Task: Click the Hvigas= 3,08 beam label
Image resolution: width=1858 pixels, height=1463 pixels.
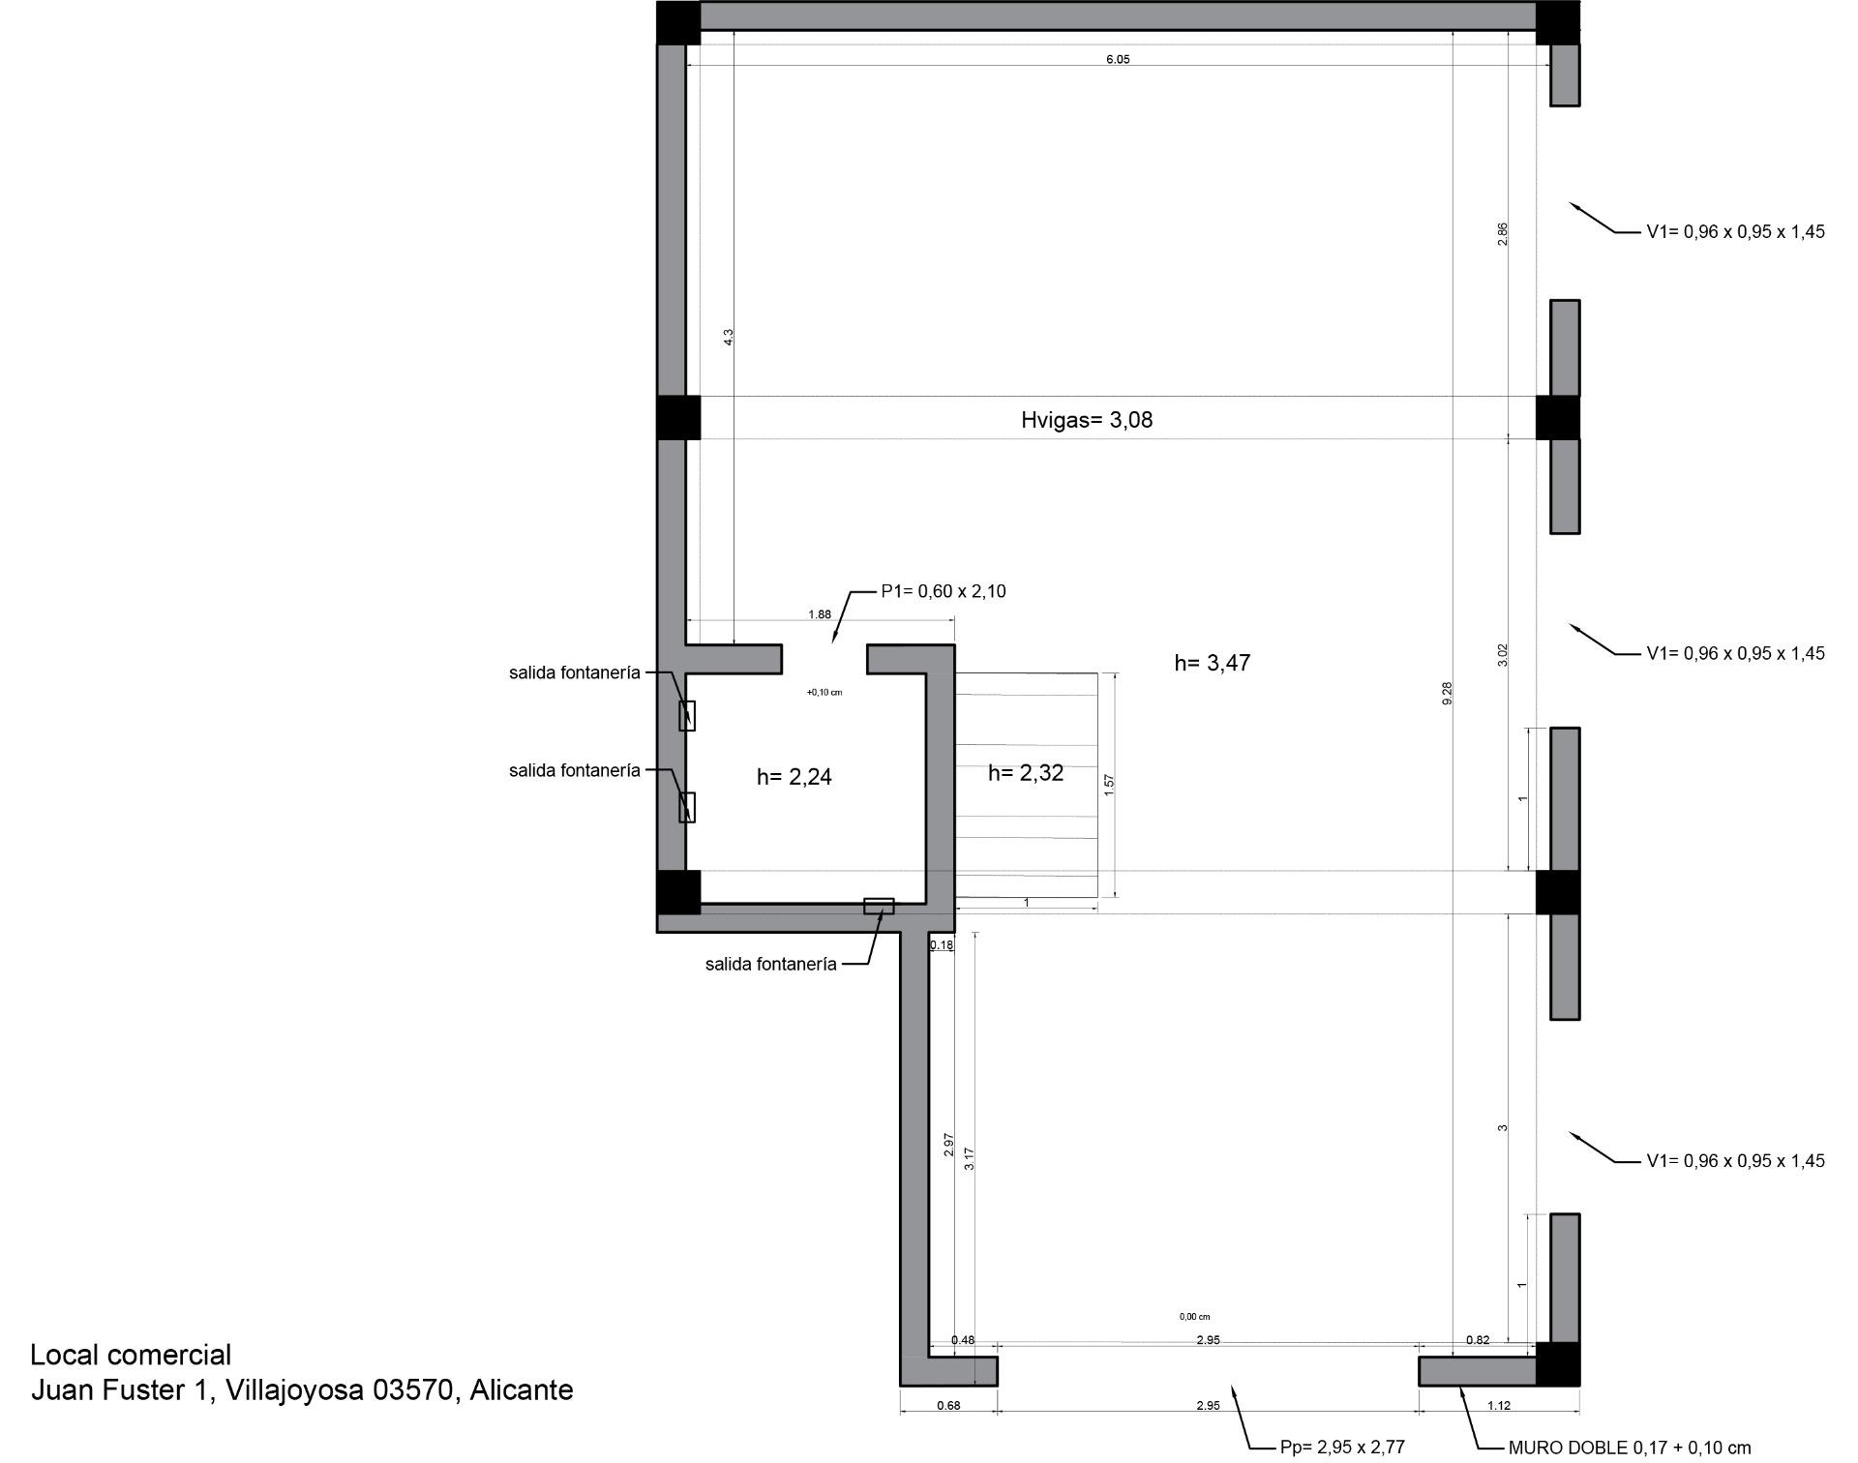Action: click(x=1087, y=420)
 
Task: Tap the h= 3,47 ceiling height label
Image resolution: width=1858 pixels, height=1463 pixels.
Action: click(x=1213, y=663)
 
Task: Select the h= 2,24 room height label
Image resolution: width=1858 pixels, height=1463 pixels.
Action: click(x=794, y=777)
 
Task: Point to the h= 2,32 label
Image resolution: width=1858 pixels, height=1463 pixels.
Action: click(x=1026, y=773)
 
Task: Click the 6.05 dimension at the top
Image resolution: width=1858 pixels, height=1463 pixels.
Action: click(x=1118, y=59)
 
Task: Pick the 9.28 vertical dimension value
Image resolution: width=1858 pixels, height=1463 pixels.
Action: click(x=1447, y=693)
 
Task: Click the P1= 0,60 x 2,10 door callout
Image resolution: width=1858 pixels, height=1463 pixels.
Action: click(x=944, y=591)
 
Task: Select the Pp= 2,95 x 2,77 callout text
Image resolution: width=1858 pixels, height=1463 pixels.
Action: click(x=1342, y=1448)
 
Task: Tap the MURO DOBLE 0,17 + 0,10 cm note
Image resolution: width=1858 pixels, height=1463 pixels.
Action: click(x=1630, y=1448)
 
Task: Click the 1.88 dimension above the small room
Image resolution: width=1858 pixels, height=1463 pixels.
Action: click(x=820, y=614)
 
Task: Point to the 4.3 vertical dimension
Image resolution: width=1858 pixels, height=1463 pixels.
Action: click(x=729, y=337)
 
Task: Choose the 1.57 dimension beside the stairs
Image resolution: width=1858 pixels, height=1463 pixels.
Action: click(x=1109, y=785)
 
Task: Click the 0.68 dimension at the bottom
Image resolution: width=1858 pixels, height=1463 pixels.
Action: click(x=948, y=1406)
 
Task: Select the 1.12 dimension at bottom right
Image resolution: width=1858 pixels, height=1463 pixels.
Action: click(x=1499, y=1406)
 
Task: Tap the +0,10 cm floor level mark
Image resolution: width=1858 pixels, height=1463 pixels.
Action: click(x=824, y=693)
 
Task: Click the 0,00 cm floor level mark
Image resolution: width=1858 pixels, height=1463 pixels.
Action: click(x=1195, y=1317)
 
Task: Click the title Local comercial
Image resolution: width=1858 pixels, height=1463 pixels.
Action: click(x=131, y=1355)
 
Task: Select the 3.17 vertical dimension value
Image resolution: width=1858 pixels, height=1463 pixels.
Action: click(x=969, y=1159)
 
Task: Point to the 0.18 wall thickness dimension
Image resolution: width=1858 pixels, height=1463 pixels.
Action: click(x=942, y=944)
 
